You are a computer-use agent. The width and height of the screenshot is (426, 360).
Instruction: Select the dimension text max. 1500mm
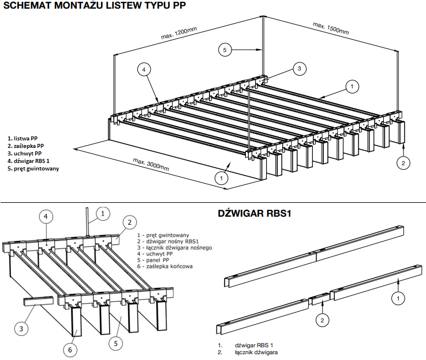tap(331, 28)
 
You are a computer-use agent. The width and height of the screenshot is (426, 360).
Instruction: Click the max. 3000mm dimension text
tap(151, 164)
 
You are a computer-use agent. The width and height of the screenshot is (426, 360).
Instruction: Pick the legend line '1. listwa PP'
tap(23, 139)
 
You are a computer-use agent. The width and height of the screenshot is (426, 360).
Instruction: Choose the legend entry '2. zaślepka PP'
tap(26, 146)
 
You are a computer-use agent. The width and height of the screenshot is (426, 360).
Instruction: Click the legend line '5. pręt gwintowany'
tap(32, 169)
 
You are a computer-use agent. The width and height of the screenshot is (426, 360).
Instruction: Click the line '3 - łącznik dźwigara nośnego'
tap(175, 247)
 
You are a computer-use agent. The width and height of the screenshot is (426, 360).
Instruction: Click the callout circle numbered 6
tap(69, 349)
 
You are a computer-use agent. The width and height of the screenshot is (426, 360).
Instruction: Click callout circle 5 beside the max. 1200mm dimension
tap(226, 50)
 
